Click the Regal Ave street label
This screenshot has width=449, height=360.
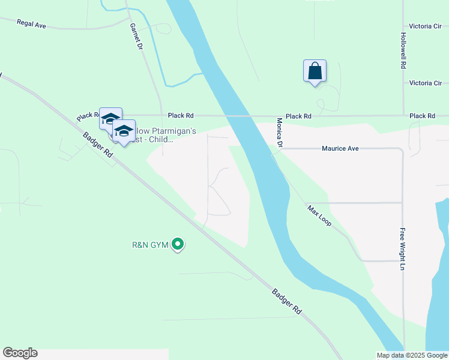[x=32, y=25]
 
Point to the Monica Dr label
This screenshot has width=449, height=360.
[x=280, y=131]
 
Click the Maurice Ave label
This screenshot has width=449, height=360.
[x=340, y=148]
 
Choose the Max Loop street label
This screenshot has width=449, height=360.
[x=319, y=216]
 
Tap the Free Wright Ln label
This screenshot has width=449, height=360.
[x=402, y=248]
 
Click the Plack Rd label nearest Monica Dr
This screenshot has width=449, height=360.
[x=298, y=116]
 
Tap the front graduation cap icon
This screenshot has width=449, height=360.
[x=124, y=131]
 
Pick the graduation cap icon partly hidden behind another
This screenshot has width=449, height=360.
[x=110, y=118]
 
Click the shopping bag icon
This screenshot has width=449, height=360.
[x=315, y=71]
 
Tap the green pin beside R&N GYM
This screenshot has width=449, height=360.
[x=177, y=244]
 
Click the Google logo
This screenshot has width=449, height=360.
[x=20, y=353]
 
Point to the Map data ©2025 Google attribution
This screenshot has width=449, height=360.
[x=412, y=355]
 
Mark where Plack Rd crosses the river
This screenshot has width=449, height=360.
[x=236, y=116]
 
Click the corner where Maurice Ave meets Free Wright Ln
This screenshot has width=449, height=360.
[x=401, y=149]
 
